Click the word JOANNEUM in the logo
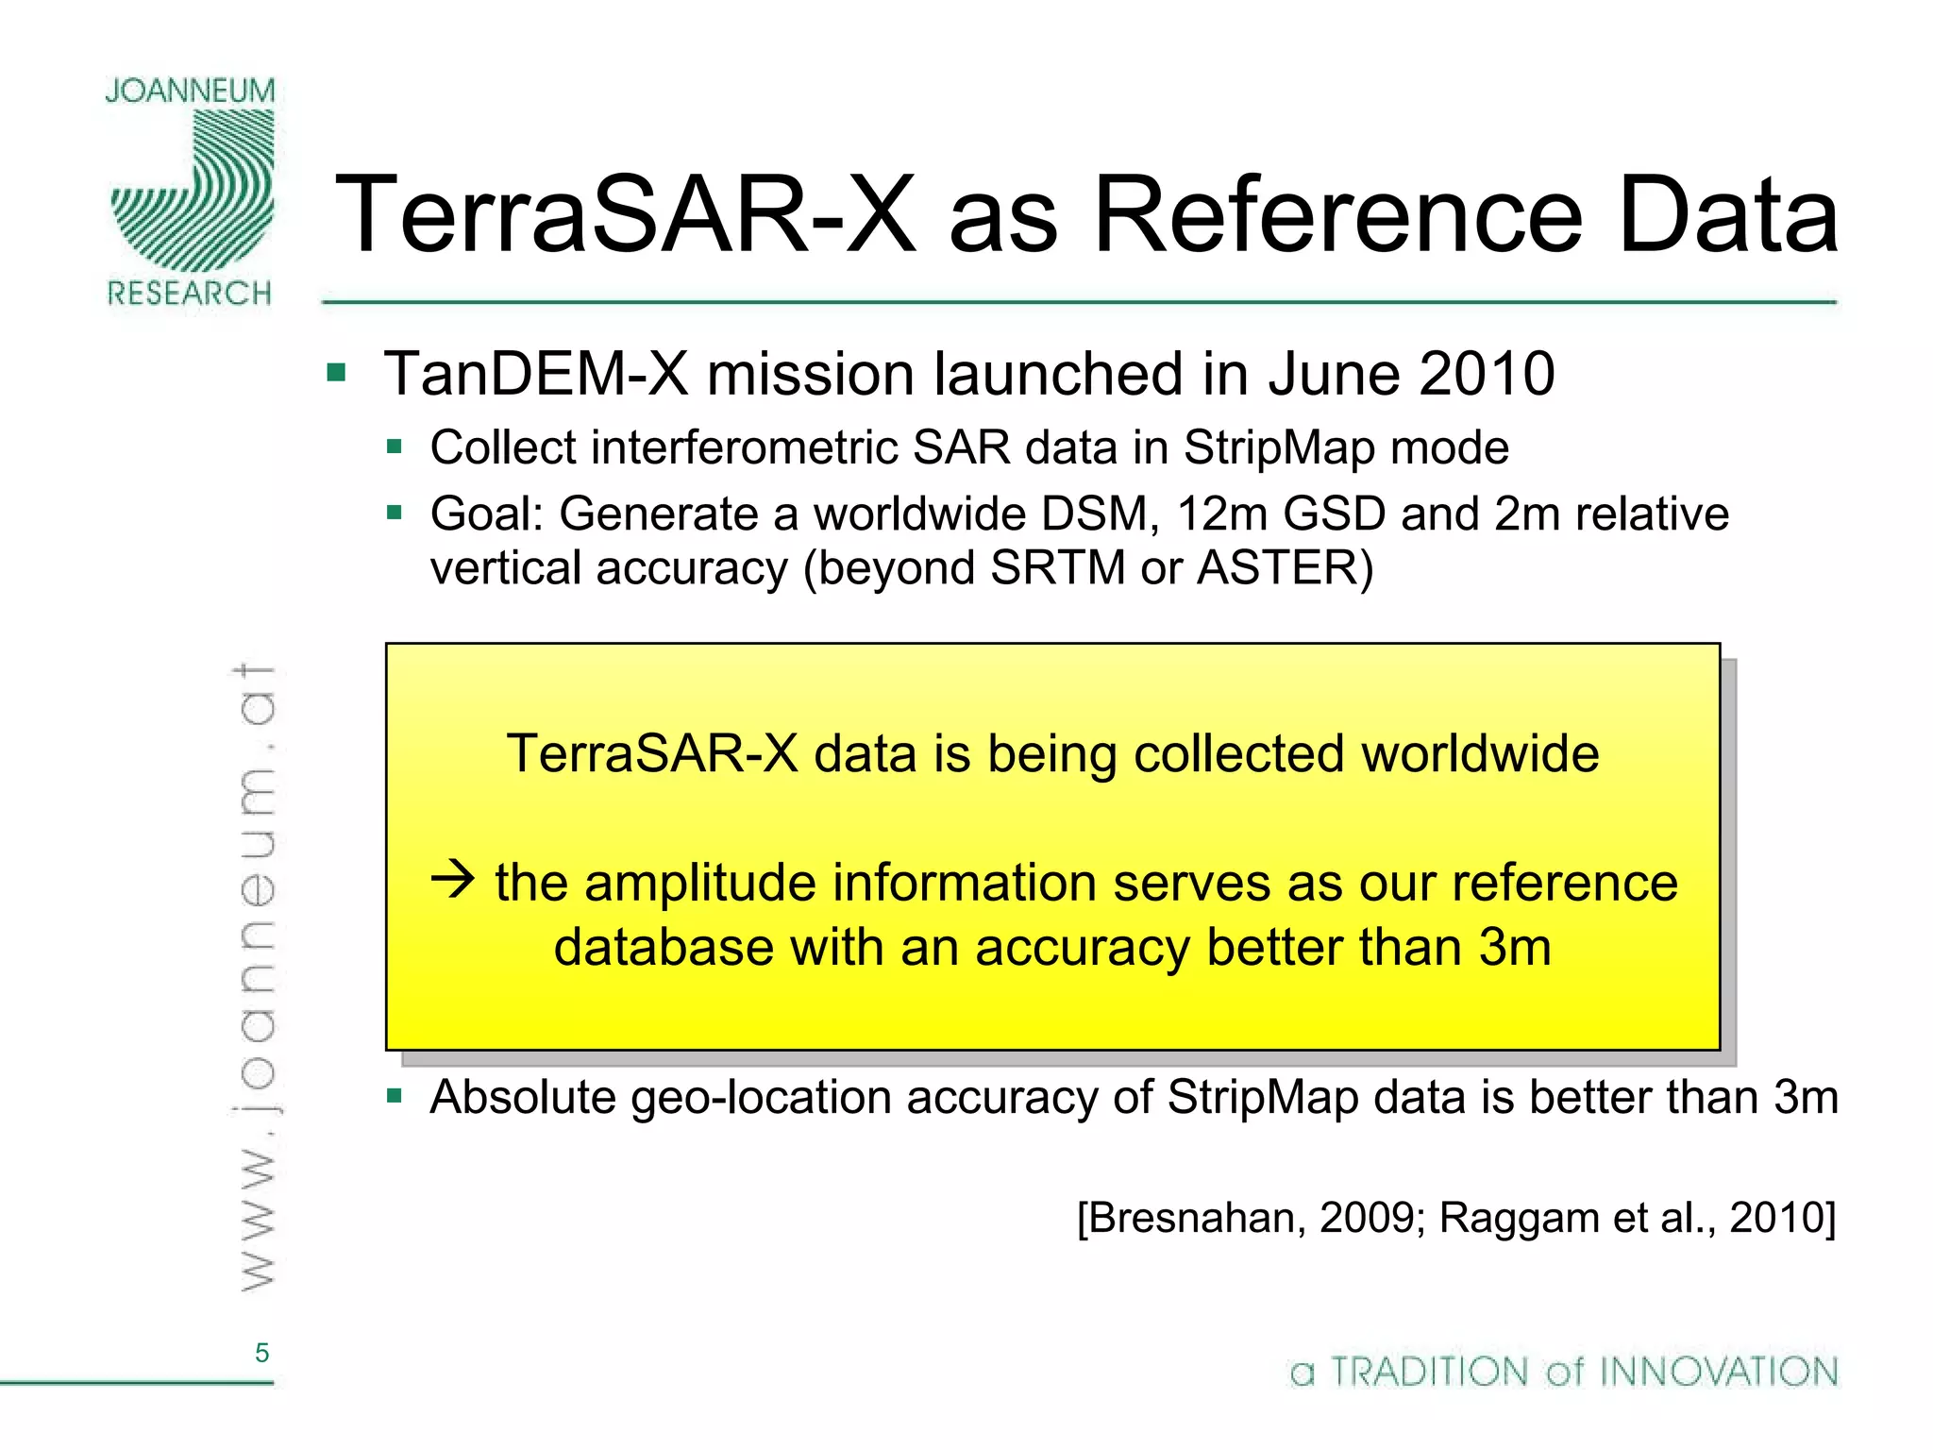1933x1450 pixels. (190, 91)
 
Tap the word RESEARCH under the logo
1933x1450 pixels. (190, 294)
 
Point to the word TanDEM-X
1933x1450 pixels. (536, 374)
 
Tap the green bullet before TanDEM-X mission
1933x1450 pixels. (336, 372)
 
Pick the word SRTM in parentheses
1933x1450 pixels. (1057, 568)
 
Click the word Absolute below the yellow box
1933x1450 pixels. (523, 1098)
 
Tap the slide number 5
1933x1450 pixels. (261, 1353)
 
